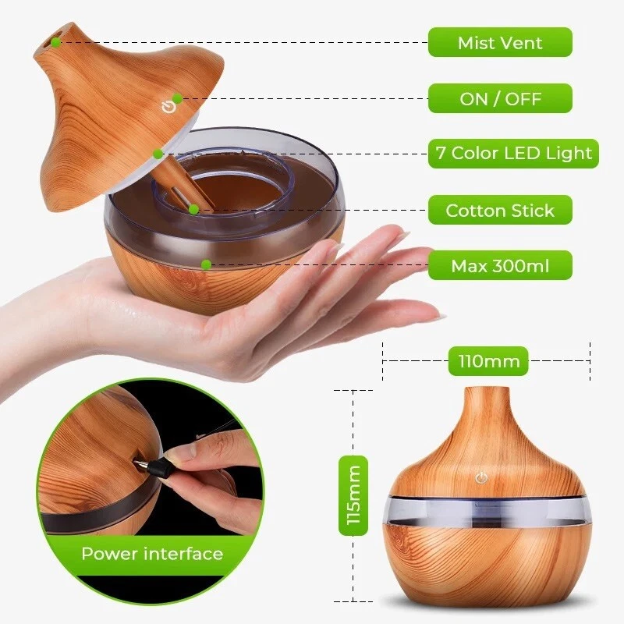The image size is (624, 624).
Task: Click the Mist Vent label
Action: coord(500,42)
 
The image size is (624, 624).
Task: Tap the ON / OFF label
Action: coord(500,99)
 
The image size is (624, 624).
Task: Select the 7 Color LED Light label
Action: coord(513,153)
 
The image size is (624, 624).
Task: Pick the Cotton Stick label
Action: coord(500,211)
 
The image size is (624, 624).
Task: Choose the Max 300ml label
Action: coord(500,266)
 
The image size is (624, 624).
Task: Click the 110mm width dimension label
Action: coord(484,362)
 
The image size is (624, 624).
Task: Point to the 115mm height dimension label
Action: coord(353,496)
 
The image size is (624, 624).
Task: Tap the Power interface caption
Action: coord(152,555)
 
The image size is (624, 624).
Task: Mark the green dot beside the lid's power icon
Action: coord(178,98)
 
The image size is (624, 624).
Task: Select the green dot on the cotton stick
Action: coord(193,209)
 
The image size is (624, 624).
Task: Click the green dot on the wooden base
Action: coord(205,264)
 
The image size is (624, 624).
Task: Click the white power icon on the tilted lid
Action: coord(166,106)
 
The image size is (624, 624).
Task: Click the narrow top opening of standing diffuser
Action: coord(484,389)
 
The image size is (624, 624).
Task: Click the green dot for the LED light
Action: coord(158,154)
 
